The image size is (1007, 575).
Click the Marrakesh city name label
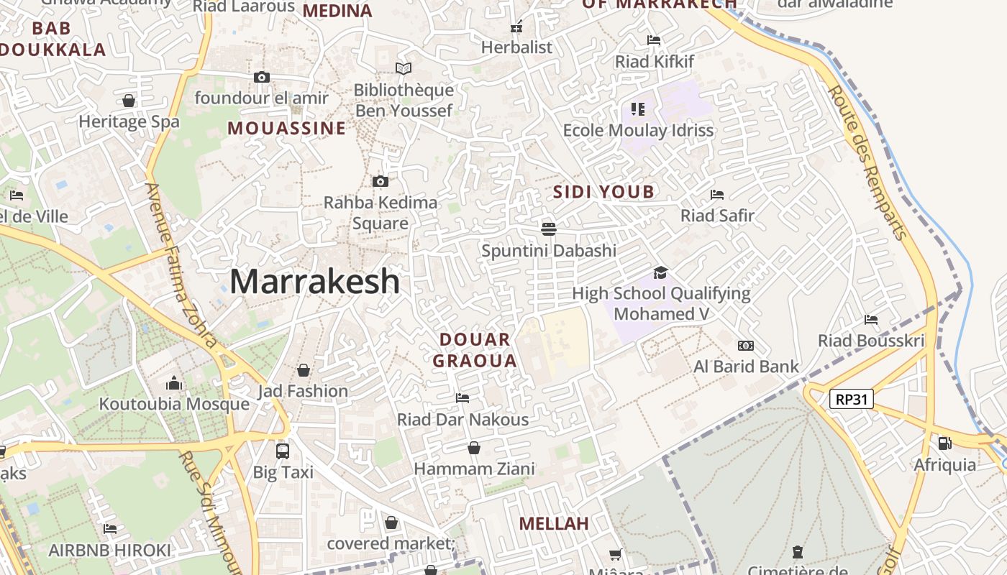(314, 281)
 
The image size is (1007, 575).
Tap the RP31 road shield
(852, 399)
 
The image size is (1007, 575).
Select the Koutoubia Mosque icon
(174, 384)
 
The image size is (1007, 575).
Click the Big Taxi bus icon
(283, 451)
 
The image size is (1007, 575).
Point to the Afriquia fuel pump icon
(944, 443)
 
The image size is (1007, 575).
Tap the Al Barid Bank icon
(746, 346)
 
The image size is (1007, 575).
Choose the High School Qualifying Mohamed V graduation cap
(660, 272)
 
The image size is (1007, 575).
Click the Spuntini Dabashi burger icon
(549, 229)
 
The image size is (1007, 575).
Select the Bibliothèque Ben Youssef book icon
(404, 69)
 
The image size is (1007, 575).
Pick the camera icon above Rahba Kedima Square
(381, 182)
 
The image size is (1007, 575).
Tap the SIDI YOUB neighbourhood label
(603, 192)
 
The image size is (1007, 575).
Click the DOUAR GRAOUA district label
(475, 350)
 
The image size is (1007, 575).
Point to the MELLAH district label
(554, 523)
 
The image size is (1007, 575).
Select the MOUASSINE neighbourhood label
(287, 129)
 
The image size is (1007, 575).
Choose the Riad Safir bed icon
(716, 195)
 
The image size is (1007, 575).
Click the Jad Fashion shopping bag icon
(304, 370)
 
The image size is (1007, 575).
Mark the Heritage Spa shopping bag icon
(129, 101)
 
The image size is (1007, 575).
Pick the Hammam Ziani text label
(474, 469)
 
